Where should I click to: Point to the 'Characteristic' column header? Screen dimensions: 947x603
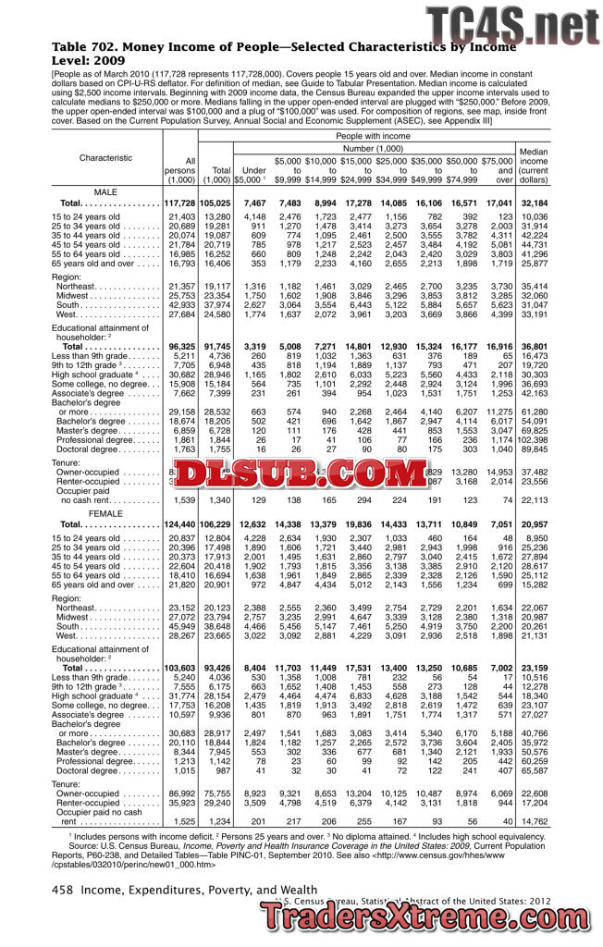pos(105,157)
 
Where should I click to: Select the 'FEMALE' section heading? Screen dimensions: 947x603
pos(105,511)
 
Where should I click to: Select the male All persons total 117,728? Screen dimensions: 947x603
pos(180,203)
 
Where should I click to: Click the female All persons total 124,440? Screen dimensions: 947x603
pos(180,524)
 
